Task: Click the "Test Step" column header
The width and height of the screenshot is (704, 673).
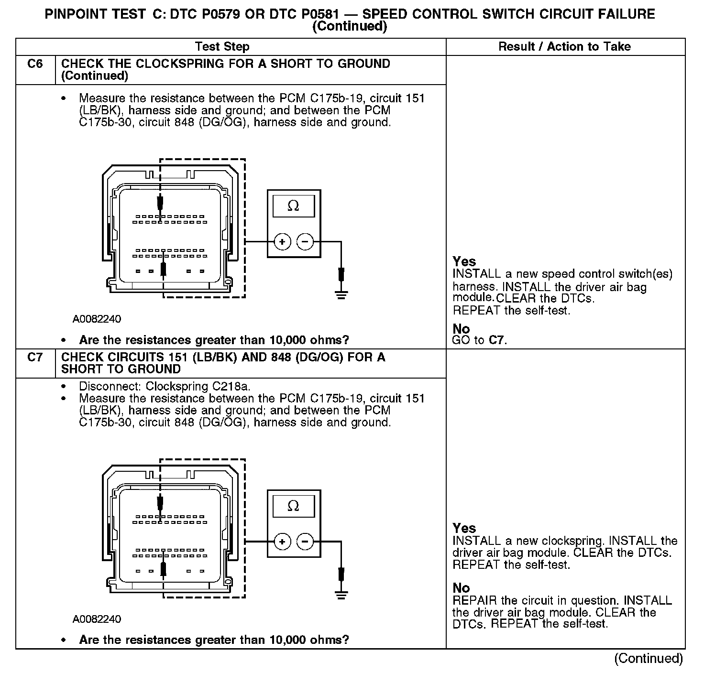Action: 222,47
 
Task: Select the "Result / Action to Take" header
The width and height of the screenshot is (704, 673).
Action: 564,47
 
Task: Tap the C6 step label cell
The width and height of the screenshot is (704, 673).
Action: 35,64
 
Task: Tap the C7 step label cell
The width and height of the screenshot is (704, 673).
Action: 35,358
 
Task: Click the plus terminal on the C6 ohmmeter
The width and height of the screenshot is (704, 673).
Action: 282,242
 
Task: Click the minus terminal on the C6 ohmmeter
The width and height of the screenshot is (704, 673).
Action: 305,242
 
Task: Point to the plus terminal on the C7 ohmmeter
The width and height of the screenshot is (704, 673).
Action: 282,542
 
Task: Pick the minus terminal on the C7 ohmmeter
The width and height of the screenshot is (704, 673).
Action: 305,542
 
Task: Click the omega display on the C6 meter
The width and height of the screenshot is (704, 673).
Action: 294,206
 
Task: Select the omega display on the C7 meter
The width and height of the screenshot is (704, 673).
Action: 294,506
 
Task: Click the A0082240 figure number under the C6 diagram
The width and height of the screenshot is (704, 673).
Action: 97,319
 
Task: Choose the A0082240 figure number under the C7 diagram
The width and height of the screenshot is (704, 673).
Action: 97,619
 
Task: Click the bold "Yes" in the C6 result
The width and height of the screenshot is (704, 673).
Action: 464,262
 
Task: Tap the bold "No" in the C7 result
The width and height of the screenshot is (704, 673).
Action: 462,588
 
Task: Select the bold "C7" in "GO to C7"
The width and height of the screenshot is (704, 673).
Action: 496,340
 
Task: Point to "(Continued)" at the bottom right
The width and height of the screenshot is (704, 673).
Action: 649,659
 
